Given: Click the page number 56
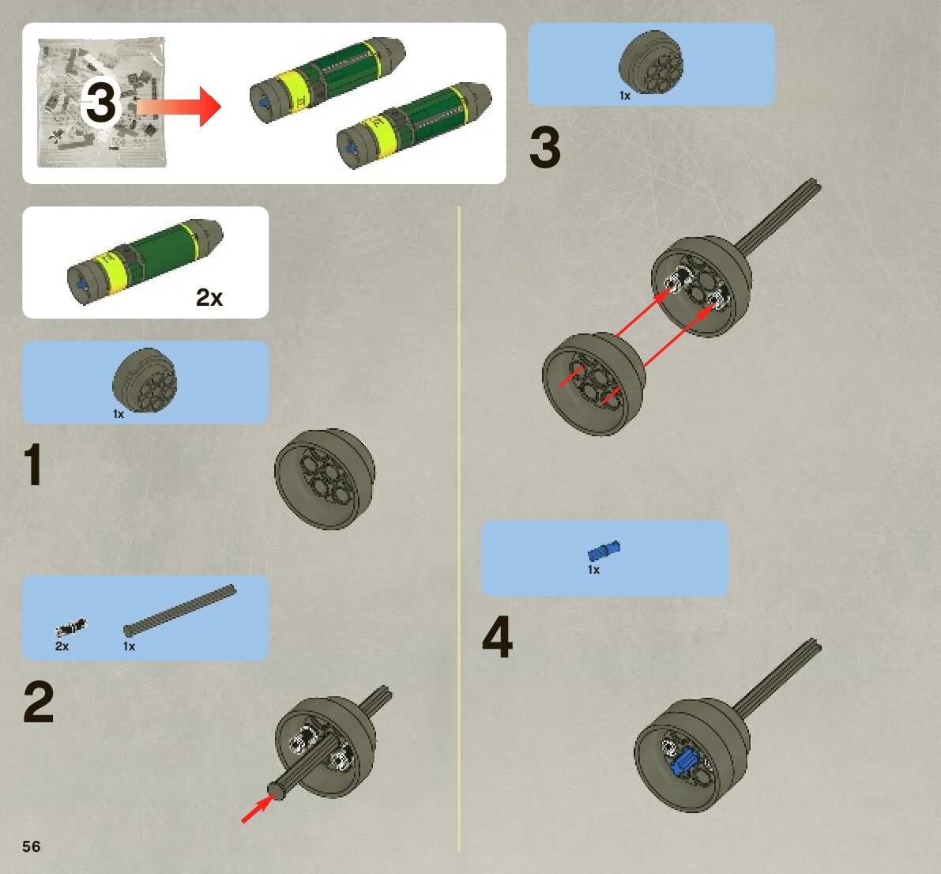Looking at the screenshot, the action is click(x=31, y=846).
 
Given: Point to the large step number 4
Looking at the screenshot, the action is click(x=498, y=637).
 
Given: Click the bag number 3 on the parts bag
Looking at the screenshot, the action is click(x=101, y=102).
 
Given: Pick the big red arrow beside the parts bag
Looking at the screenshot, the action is click(x=179, y=107).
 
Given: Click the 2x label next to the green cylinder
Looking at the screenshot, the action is click(x=209, y=297).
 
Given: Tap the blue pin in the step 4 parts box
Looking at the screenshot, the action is click(x=604, y=551).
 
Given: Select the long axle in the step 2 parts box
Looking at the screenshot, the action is click(x=180, y=610).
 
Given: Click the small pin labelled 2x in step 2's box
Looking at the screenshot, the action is click(x=71, y=628).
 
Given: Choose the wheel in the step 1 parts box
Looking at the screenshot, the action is click(x=145, y=380).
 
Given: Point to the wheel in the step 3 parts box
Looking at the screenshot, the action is click(x=651, y=62).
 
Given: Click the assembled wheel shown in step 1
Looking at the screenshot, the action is click(x=325, y=479).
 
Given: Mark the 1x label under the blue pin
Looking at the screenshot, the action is click(x=593, y=570).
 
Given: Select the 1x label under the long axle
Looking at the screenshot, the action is click(x=129, y=646).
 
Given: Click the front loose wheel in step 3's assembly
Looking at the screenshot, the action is click(x=593, y=384).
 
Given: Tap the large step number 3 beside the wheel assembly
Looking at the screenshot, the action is click(x=545, y=147).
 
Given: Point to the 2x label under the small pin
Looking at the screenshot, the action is click(x=62, y=646).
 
